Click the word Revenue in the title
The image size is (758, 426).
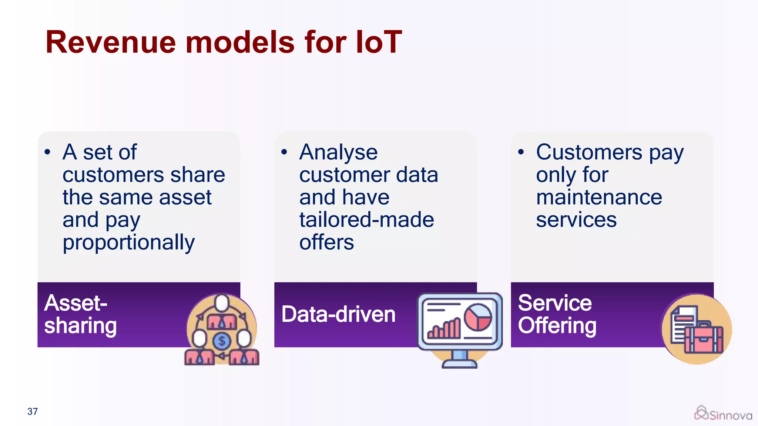coord(110,43)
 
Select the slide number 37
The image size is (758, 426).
coord(33,412)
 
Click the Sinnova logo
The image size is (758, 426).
coord(723,414)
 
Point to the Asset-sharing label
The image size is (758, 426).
coord(80,314)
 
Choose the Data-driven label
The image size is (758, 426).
coord(338,314)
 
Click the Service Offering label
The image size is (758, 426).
coord(557,314)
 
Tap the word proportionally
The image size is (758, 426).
coord(128,243)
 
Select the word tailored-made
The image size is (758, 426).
coord(366,220)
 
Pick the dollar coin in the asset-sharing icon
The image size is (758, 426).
coord(222,341)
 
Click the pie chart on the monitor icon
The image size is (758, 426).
coord(478,317)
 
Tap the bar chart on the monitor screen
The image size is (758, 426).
coord(444,329)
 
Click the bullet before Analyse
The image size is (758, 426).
coord(284,152)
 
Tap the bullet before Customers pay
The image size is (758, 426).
coord(521,152)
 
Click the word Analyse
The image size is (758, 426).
coord(338,153)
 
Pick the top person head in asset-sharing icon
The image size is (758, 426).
coord(222,302)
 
